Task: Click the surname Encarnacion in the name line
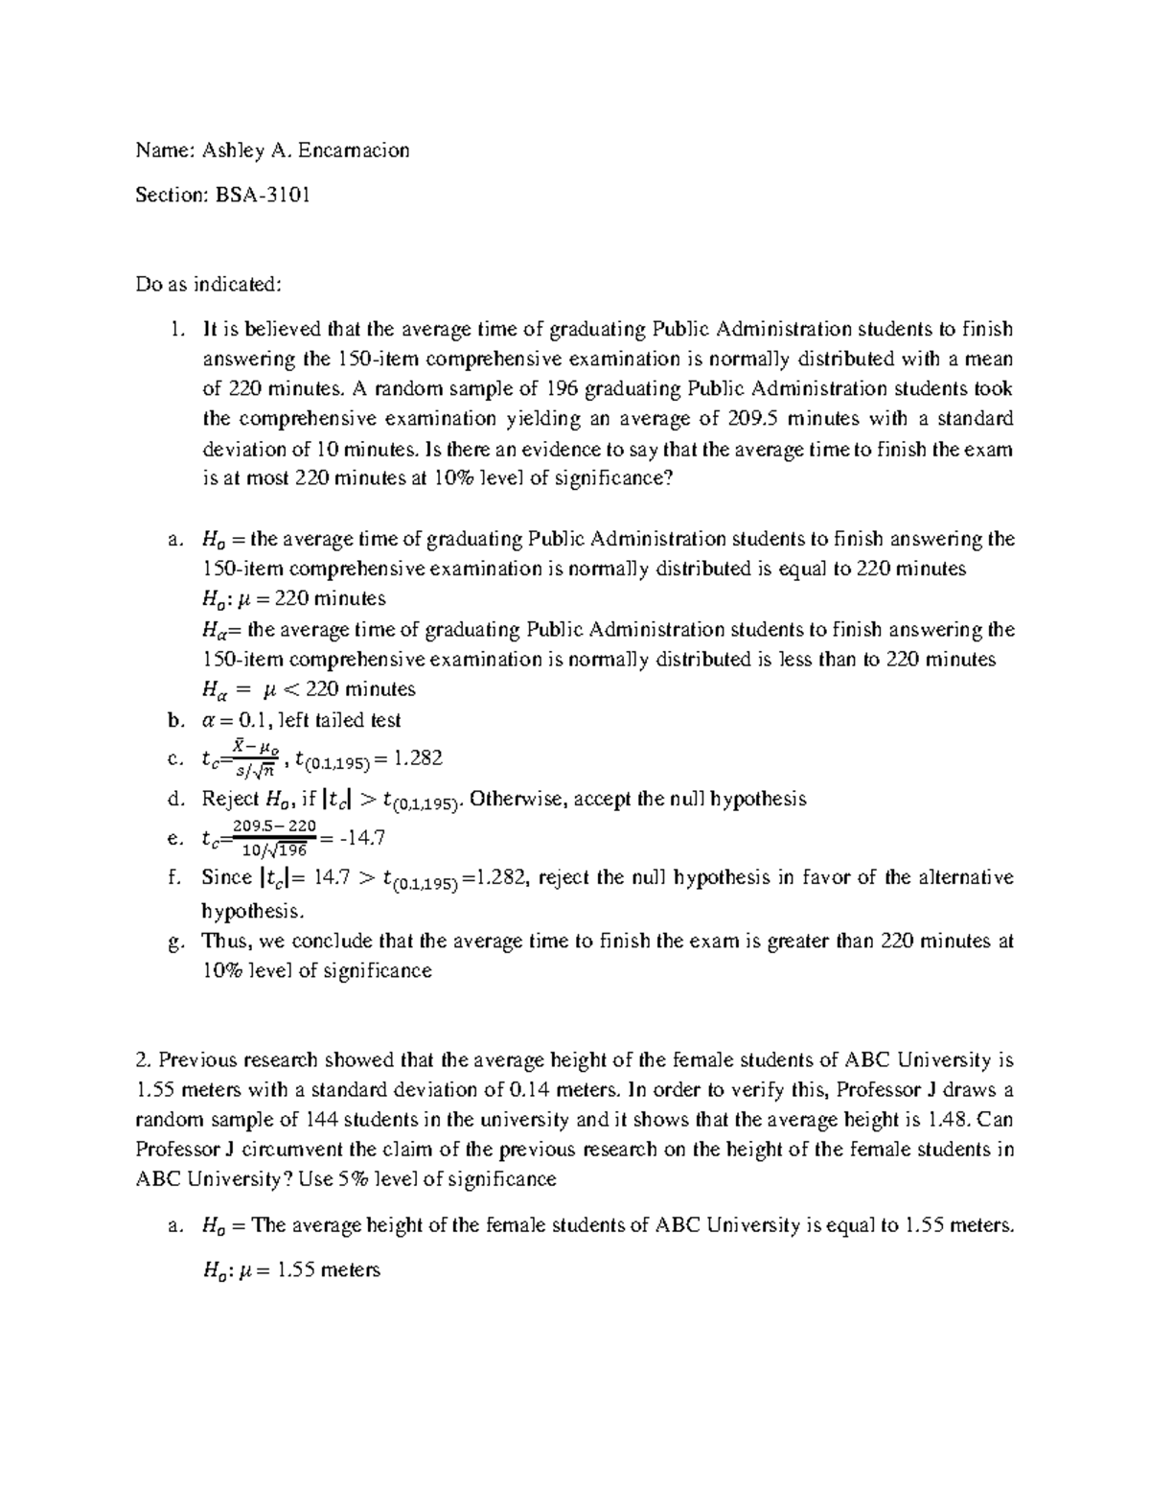coord(354,150)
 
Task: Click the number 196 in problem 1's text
coord(562,388)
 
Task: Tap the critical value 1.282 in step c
coord(418,759)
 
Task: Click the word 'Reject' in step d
coord(230,799)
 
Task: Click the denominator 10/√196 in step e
coord(274,849)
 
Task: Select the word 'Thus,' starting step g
coord(224,941)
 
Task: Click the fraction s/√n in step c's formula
coord(256,770)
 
